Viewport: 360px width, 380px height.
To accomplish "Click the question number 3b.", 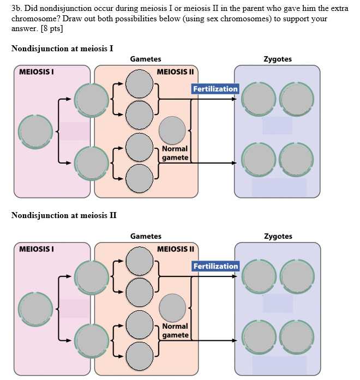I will pos(16,9).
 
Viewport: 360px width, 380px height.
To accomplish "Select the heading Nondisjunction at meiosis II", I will pos(64,215).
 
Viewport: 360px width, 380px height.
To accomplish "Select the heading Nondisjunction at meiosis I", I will pos(62,49).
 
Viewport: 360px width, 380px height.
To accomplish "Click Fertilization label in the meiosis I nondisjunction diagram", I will pos(215,89).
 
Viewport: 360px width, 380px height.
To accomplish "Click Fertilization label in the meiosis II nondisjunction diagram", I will pos(215,266).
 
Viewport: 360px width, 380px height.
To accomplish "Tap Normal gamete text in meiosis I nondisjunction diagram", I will pos(175,153).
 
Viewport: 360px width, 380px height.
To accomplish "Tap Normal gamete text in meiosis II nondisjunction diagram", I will pos(175,330).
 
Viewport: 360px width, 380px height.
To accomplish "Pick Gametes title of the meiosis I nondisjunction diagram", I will pos(146,59).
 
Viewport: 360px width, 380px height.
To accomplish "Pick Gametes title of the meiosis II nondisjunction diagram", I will pos(146,236).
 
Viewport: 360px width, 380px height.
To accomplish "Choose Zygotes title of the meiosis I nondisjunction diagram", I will pos(278,59).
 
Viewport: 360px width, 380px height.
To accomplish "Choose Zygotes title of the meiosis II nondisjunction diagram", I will pos(278,236).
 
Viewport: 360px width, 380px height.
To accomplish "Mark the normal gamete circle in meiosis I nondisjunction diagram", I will pos(172,130).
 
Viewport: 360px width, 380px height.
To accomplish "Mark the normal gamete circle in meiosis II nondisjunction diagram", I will pos(172,307).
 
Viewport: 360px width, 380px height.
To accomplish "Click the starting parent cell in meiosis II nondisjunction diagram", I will pos(35,309).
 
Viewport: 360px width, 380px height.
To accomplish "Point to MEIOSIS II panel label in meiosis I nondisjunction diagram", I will pos(175,72).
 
